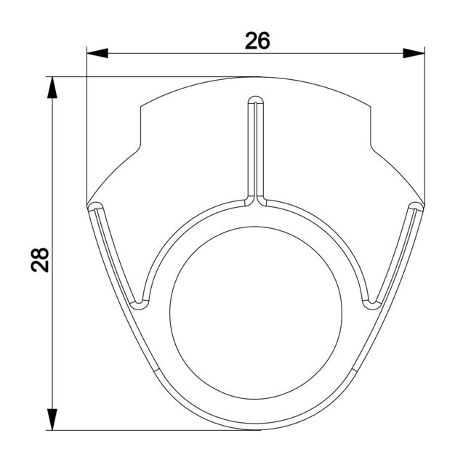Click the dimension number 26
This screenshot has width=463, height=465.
point(257,41)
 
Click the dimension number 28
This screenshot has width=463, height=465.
point(40,260)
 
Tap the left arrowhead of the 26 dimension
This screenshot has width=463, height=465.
point(97,53)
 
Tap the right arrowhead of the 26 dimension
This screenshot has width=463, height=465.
point(414,53)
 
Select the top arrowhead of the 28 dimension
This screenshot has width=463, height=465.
point(52,87)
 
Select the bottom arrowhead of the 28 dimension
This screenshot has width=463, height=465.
point(52,419)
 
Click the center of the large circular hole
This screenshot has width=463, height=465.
point(256,312)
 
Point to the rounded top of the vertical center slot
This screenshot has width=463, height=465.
point(256,100)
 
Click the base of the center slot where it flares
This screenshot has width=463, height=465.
point(256,201)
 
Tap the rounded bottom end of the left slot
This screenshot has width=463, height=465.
point(139,305)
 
